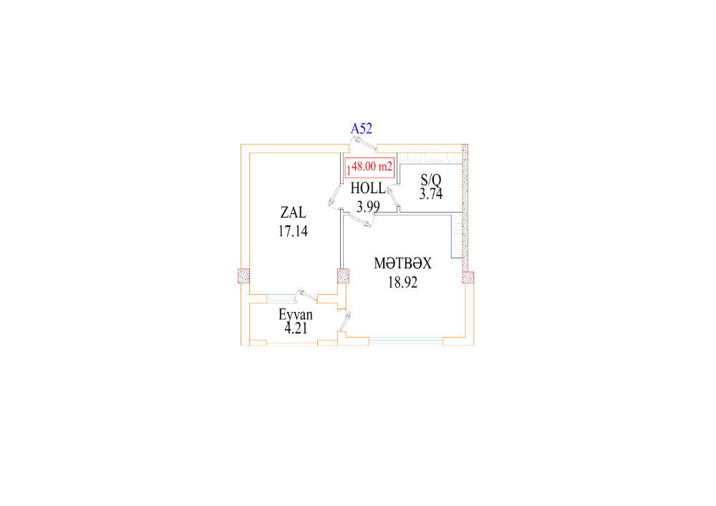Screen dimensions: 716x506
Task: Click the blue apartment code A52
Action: [x=361, y=129]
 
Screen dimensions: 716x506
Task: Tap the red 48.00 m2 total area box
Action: [x=369, y=167]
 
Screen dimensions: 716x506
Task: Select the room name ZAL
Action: [x=293, y=212]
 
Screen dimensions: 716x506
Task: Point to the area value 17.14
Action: [x=293, y=231]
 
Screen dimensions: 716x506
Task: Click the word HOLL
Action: [x=368, y=188]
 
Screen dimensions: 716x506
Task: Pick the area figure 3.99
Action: [x=368, y=207]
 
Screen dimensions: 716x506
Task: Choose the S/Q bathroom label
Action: [x=431, y=180]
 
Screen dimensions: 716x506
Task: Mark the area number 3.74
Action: [x=431, y=194]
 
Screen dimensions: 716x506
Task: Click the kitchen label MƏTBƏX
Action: [x=402, y=263]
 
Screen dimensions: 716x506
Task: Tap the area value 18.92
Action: [x=402, y=283]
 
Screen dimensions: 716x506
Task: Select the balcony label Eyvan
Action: [x=296, y=314]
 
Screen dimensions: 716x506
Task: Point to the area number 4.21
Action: [x=296, y=328]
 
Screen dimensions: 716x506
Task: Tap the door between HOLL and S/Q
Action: [x=392, y=196]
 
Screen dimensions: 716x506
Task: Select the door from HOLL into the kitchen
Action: [x=361, y=220]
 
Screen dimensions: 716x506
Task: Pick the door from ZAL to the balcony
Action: [x=306, y=296]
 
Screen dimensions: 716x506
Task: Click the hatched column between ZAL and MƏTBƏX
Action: [x=344, y=276]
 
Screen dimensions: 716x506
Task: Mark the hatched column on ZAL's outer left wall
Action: [x=244, y=276]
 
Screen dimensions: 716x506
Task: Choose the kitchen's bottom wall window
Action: [x=406, y=341]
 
